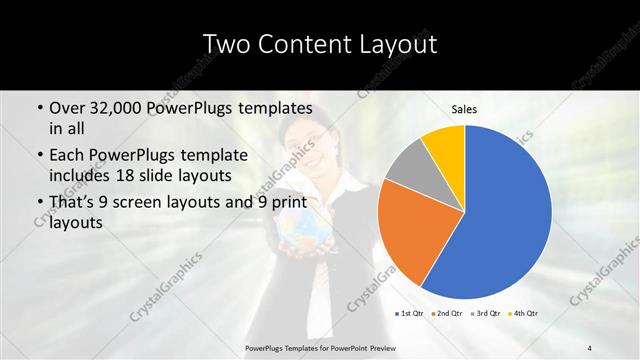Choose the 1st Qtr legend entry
coord(409,314)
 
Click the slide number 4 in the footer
coord(590,347)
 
